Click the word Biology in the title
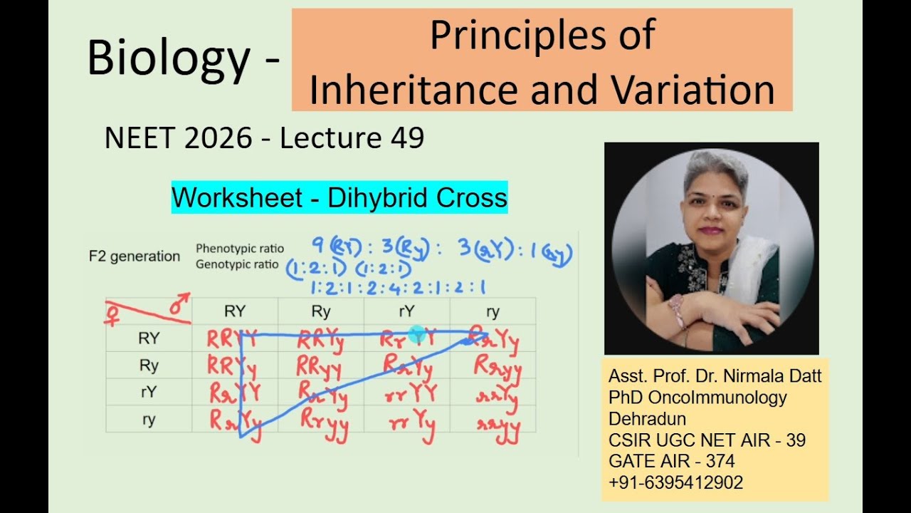[169, 59]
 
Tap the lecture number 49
[407, 138]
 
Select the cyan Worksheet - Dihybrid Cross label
[339, 197]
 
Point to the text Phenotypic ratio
[240, 249]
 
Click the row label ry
[148, 419]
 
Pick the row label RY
[148, 338]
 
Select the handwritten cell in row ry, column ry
[496, 428]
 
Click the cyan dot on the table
[418, 333]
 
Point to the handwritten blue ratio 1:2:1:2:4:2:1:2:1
[398, 288]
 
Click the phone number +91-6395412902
[675, 482]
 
